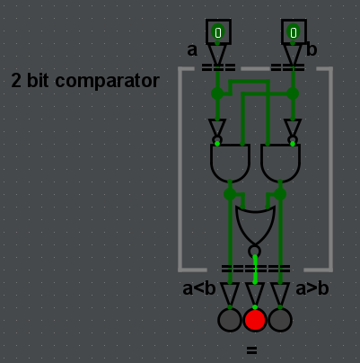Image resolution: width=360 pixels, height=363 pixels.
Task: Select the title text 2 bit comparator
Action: coord(85,81)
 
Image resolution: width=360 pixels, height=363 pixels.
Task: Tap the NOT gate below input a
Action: coord(217,127)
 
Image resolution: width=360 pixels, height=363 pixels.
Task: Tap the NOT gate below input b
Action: coord(293,127)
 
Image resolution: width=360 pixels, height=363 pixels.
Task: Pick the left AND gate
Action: coord(230,163)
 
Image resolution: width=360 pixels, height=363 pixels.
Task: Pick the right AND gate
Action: coord(280,163)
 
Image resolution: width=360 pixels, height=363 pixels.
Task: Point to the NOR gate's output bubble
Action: coord(255,251)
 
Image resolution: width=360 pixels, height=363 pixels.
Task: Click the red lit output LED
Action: coord(255,320)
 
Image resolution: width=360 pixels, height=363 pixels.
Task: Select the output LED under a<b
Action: coord(230,320)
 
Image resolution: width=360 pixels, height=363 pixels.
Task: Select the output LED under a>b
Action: coord(280,320)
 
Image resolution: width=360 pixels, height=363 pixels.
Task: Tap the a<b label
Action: coord(198,288)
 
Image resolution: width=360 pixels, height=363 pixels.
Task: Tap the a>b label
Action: coord(312,288)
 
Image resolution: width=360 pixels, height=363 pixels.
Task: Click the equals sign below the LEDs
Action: coord(251,350)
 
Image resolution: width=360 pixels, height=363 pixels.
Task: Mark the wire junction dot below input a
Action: coord(217,93)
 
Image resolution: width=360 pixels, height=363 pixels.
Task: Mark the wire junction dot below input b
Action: coord(293,93)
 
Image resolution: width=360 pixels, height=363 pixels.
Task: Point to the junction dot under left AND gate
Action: coord(230,193)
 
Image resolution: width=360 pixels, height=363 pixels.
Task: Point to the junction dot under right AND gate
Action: coord(280,193)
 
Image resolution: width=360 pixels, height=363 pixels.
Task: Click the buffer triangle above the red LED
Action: coord(255,294)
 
